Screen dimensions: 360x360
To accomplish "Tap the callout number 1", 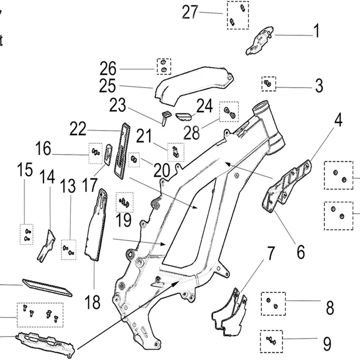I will (317, 31).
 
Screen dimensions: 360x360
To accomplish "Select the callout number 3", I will (319, 86).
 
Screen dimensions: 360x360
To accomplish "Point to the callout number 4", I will (338, 121).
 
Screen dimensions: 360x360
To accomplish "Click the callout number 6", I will (301, 252).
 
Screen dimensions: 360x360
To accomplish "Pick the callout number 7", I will (270, 254).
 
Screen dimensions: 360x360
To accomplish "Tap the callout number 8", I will (330, 306).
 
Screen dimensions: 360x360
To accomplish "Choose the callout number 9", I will (327, 341).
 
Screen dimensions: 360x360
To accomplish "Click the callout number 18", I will (93, 303).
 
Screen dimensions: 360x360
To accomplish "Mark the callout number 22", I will (78, 129).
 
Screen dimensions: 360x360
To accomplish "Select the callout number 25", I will (108, 87).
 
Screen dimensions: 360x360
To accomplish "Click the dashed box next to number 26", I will (164, 66).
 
